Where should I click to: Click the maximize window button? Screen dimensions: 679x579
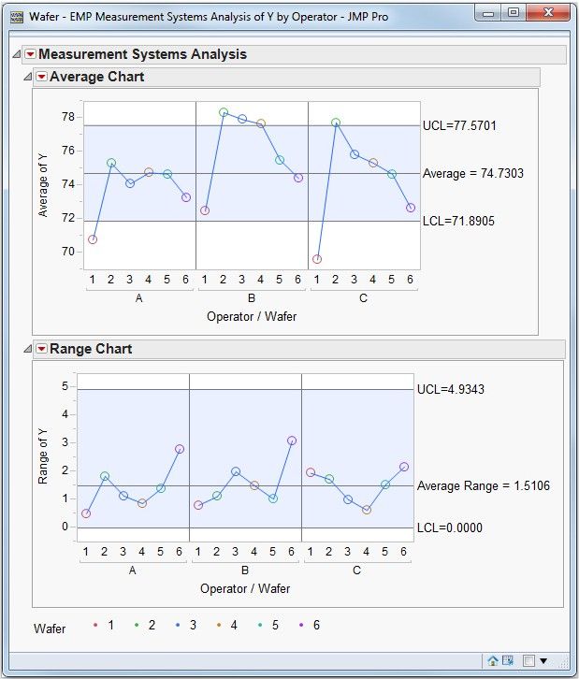(x=514, y=13)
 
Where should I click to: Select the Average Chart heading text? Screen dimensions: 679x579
(x=96, y=77)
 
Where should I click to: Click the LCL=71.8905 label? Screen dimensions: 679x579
(x=458, y=222)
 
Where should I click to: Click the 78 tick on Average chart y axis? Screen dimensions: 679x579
(x=68, y=117)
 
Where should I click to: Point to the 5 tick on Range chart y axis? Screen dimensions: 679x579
(x=65, y=385)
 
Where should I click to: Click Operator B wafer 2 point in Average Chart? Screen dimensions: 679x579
(x=224, y=112)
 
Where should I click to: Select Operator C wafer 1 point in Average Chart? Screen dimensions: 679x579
(x=317, y=259)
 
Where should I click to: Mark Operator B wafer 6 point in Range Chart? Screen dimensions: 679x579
(x=292, y=441)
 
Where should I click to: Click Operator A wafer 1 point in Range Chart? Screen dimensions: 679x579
(x=86, y=513)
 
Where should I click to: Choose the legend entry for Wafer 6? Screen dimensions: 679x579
(x=310, y=625)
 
